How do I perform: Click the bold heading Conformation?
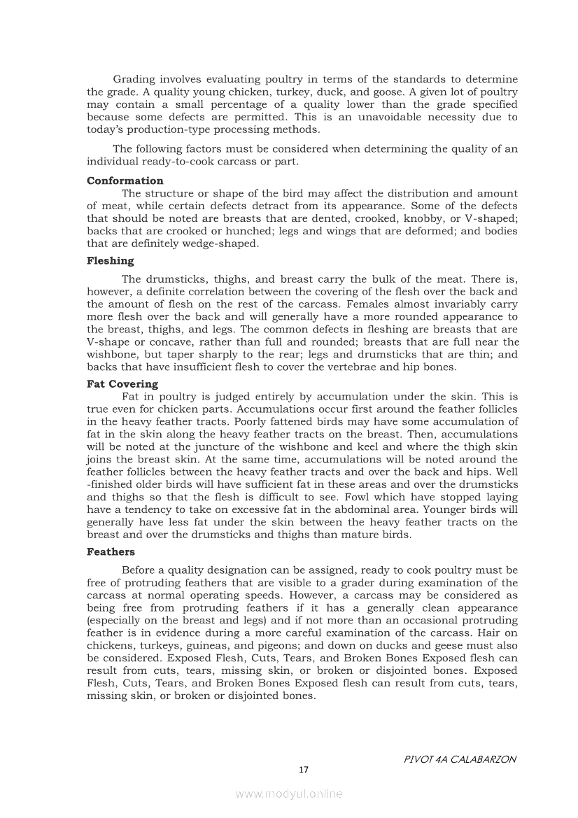click(125, 181)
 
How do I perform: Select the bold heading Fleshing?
click(110, 260)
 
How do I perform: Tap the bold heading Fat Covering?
click(122, 383)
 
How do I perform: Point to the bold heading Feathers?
click(111, 551)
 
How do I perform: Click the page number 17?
click(303, 770)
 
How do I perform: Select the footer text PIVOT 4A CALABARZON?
click(460, 759)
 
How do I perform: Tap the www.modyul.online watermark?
click(289, 794)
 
